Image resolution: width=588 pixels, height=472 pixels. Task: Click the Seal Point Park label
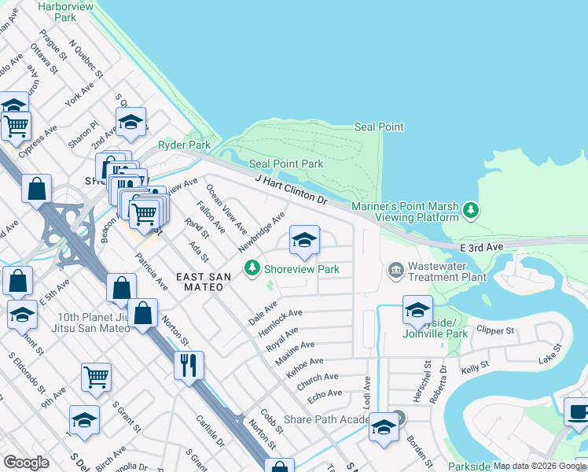point(286,164)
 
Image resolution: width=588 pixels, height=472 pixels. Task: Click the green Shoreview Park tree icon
point(252,269)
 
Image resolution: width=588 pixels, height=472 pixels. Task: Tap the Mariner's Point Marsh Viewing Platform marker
point(471,209)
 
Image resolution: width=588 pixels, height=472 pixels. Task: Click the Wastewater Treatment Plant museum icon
point(395,271)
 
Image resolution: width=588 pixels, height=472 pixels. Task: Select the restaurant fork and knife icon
point(189,365)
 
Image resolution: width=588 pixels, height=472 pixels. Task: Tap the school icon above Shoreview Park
point(304,240)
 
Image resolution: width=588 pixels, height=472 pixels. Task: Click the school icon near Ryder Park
point(131,121)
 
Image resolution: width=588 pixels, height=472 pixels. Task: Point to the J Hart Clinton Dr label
point(291,190)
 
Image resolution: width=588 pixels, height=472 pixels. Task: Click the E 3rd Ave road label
point(481,246)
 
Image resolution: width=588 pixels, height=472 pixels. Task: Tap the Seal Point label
point(379,127)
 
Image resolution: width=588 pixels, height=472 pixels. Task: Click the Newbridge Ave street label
point(261,232)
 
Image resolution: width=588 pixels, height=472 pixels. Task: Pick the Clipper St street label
point(494,330)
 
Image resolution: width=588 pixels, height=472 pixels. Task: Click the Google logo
point(27,463)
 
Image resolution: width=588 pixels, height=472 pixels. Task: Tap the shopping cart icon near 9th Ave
point(96,376)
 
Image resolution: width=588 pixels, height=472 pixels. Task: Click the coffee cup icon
point(578,411)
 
